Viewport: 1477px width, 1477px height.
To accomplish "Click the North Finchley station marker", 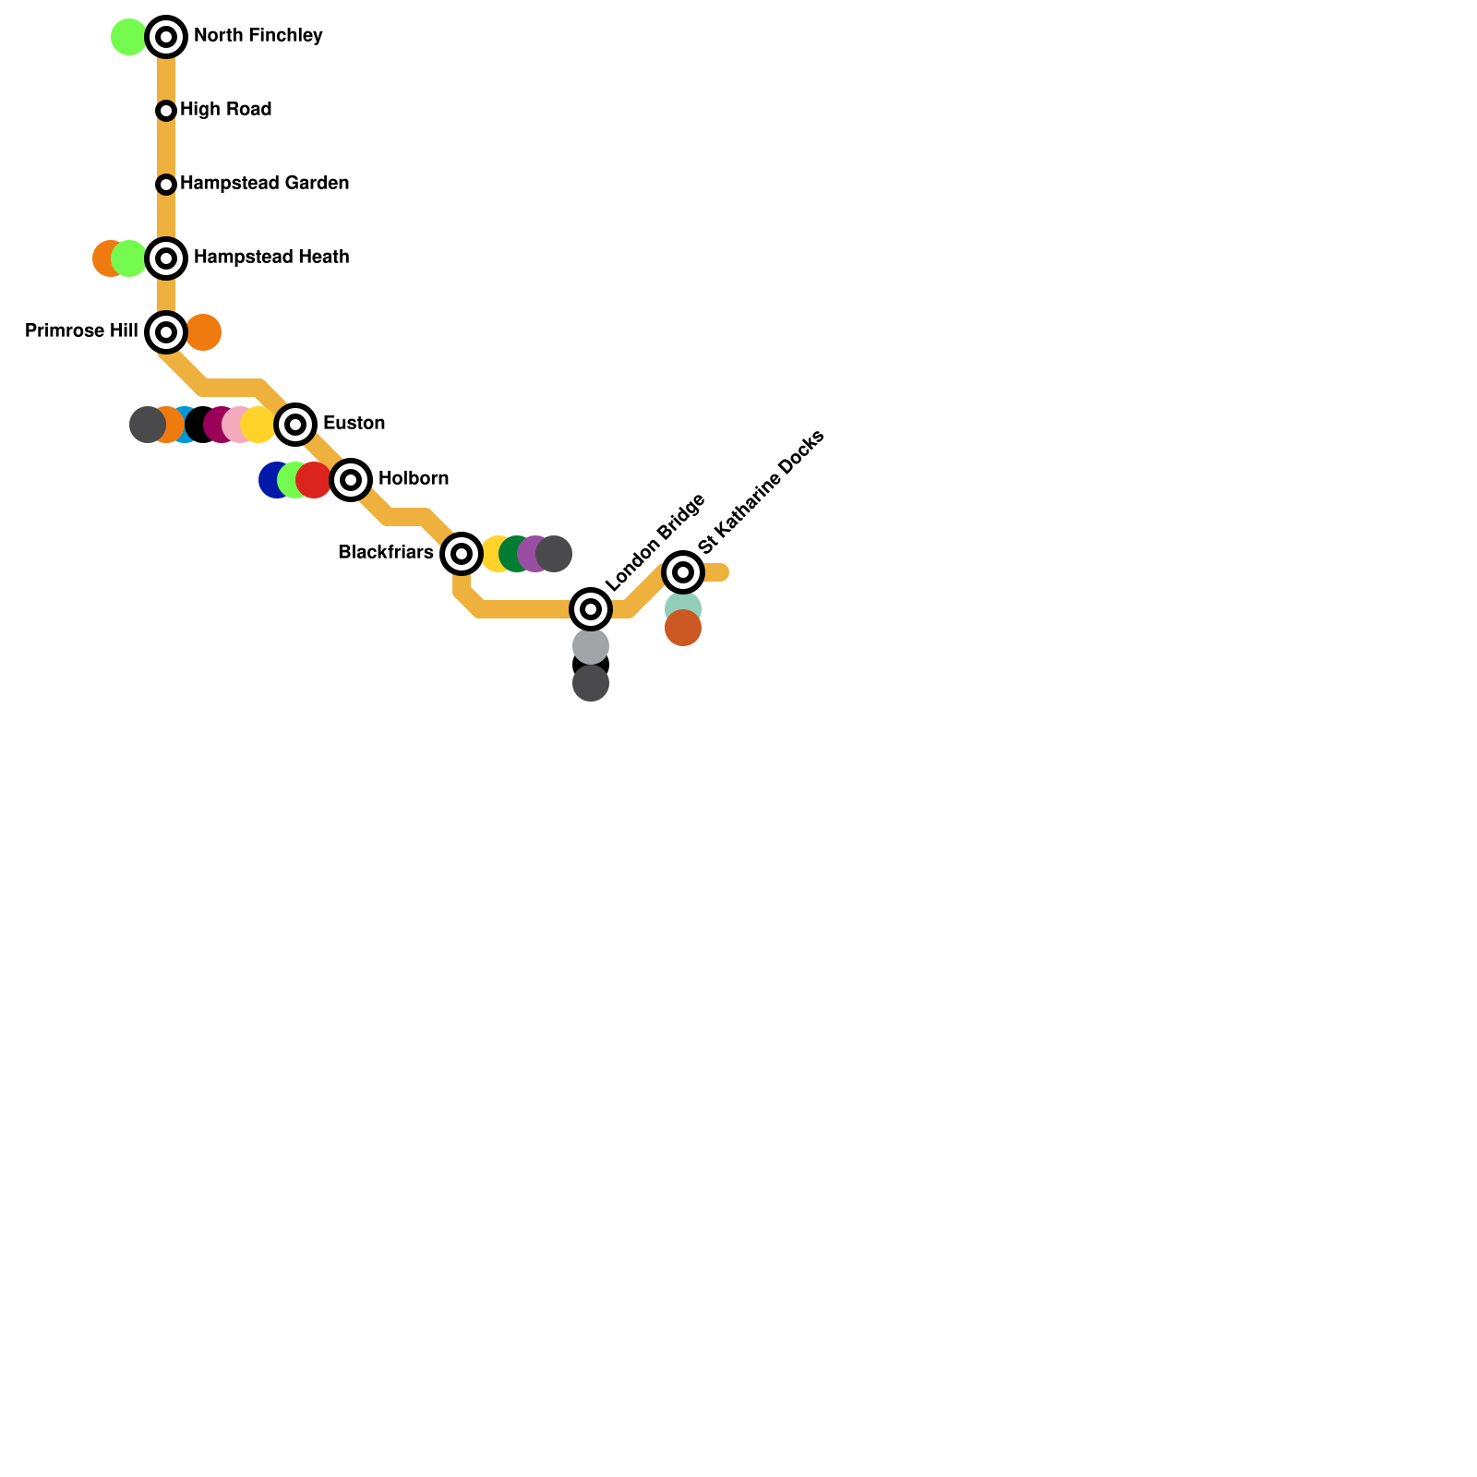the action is click(166, 37).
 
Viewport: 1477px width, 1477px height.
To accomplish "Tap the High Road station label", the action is click(225, 110).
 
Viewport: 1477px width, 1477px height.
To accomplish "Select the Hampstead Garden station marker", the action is click(166, 185).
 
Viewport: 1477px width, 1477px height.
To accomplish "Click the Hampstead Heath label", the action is click(270, 258).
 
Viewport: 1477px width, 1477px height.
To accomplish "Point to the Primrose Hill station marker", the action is click(166, 332).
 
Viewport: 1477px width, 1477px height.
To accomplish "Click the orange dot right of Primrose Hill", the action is click(204, 332).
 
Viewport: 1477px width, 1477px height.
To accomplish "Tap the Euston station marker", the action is click(295, 425).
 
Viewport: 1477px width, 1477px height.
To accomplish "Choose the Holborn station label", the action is click(413, 479).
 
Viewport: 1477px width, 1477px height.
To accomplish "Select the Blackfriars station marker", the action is click(462, 554).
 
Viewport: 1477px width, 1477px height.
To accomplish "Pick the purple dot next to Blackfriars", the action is click(533, 554).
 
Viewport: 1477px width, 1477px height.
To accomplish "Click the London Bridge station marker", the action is click(591, 609).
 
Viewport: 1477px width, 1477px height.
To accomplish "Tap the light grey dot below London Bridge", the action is click(591, 645).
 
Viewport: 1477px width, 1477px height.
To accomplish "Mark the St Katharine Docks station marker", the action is click(683, 572).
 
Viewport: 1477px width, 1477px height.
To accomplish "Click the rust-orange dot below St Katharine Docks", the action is click(683, 629).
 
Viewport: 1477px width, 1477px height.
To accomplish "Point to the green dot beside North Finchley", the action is click(128, 37).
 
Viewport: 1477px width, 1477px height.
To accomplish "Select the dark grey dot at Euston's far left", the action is click(146, 425).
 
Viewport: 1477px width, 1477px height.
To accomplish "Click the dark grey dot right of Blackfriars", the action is click(555, 554).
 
